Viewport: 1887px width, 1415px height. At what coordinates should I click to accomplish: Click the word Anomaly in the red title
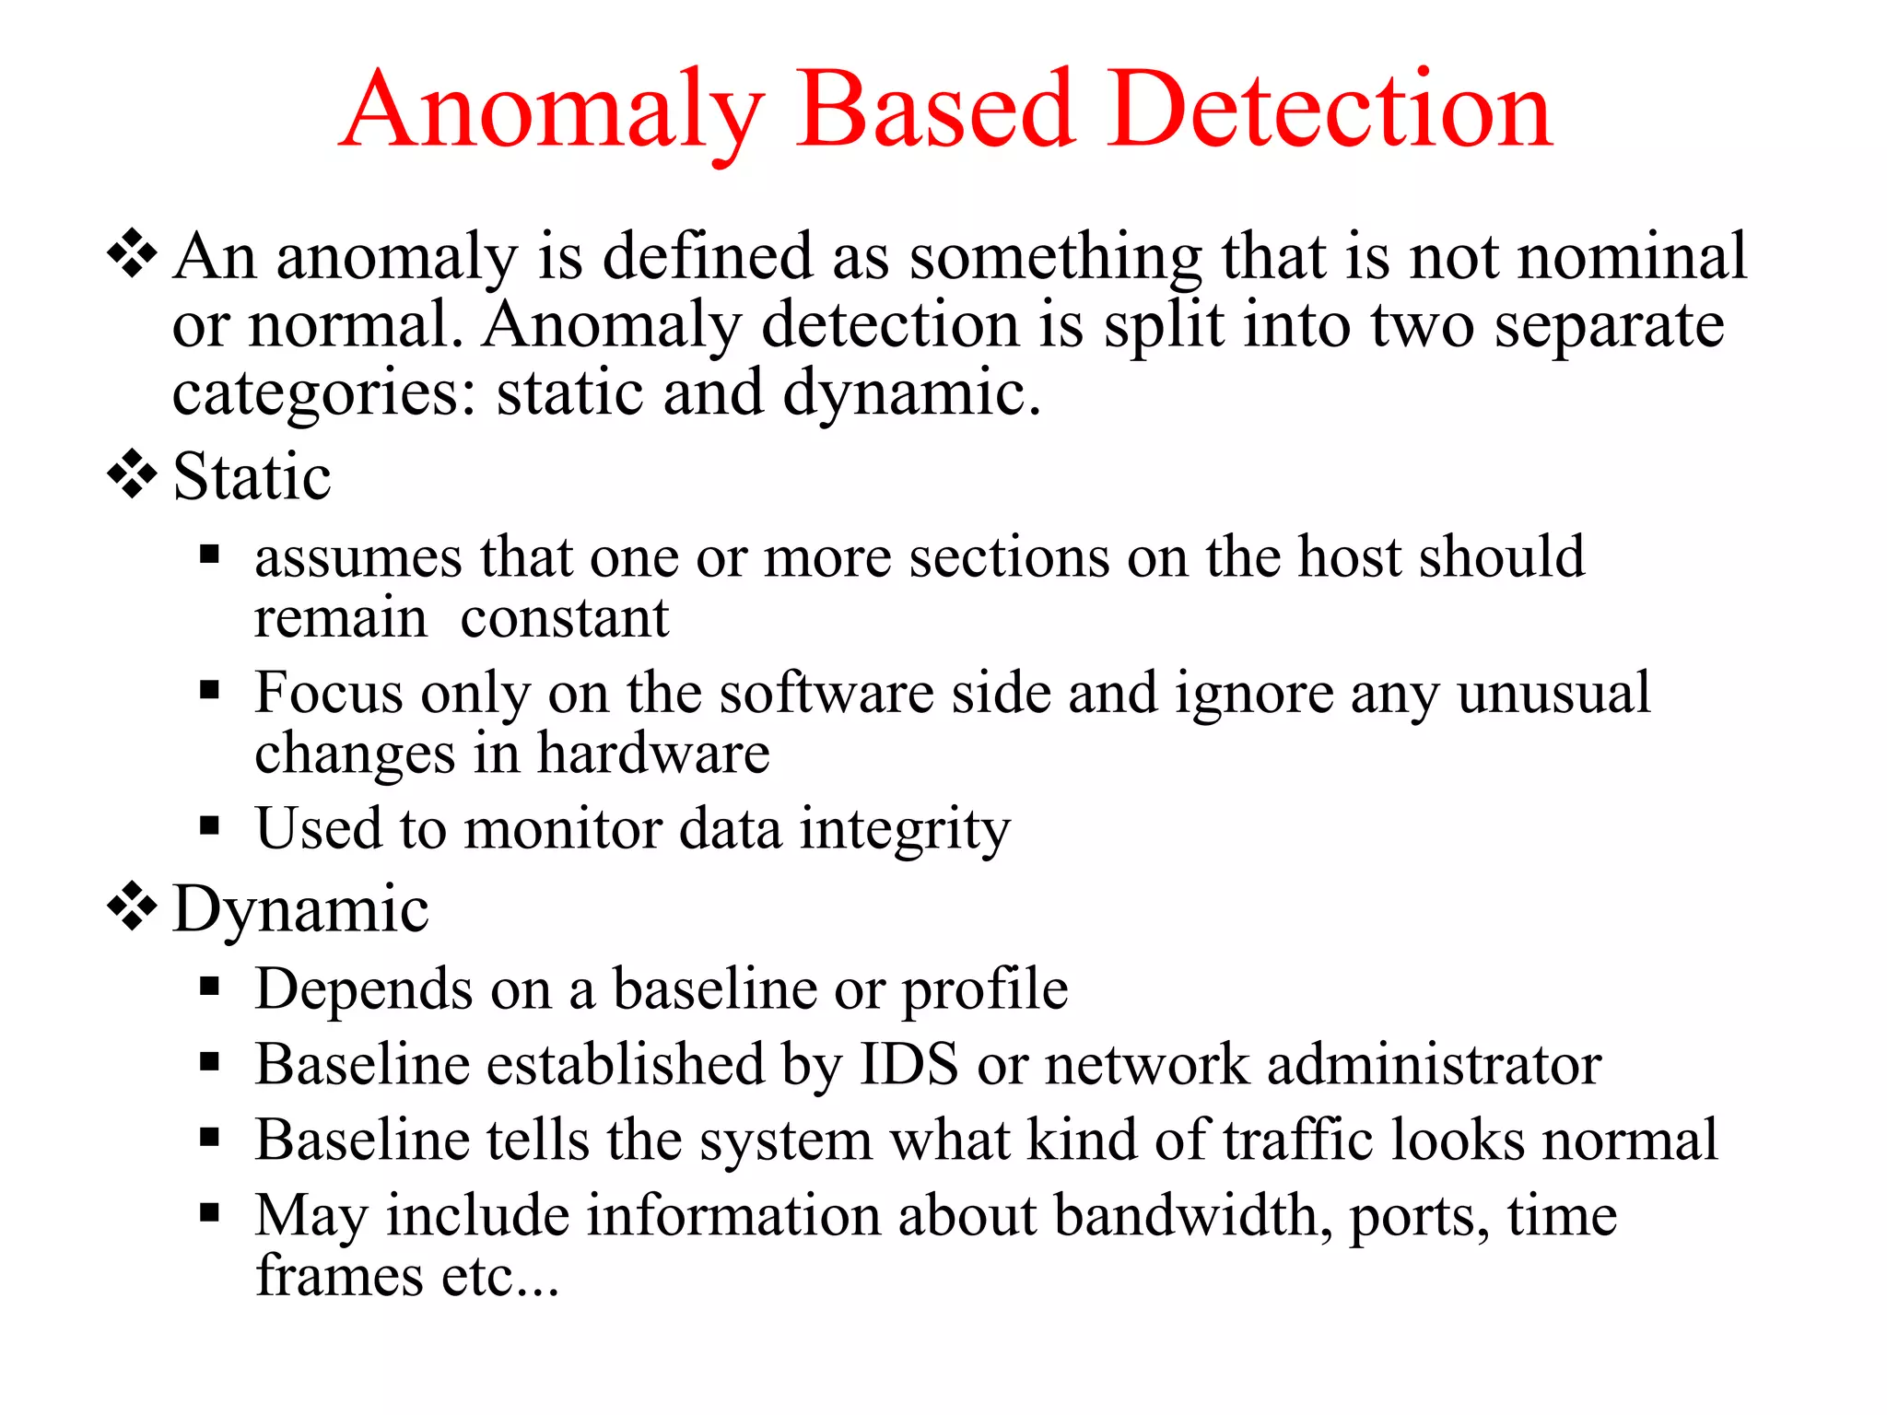pyautogui.click(x=553, y=112)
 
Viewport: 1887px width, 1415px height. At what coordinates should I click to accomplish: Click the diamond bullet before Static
pyautogui.click(x=133, y=474)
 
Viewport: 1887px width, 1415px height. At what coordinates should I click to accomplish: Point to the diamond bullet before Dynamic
pyautogui.click(x=133, y=906)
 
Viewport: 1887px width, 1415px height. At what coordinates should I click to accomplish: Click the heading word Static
pyautogui.click(x=252, y=477)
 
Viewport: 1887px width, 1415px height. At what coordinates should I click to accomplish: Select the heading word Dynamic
pyautogui.click(x=300, y=910)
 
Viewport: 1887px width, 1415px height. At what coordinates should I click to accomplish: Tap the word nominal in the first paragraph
pyautogui.click(x=1632, y=256)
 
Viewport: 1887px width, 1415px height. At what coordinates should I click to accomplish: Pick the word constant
pyautogui.click(x=564, y=618)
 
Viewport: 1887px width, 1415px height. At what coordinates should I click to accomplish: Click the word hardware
pyautogui.click(x=653, y=754)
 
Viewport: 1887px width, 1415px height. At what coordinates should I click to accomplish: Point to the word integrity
pyautogui.click(x=905, y=830)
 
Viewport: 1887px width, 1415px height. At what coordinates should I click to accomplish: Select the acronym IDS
pyautogui.click(x=908, y=1065)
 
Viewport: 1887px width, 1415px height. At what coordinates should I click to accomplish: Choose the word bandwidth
pyautogui.click(x=1192, y=1216)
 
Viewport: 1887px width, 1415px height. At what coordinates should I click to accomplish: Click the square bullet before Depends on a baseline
pyautogui.click(x=210, y=988)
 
